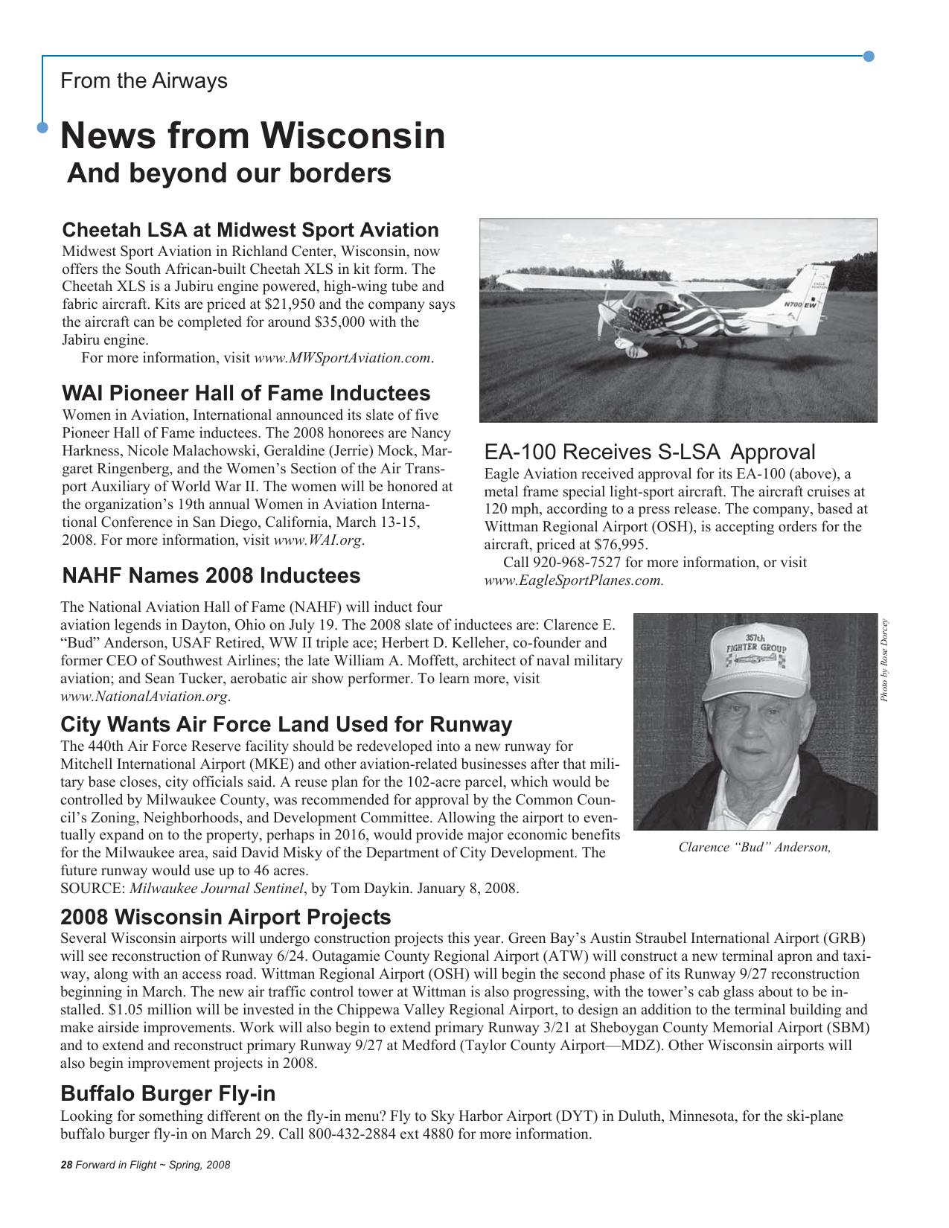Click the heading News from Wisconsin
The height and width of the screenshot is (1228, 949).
[x=252, y=136]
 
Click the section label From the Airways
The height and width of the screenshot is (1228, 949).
[x=144, y=80]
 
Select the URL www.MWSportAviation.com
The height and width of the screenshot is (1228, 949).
[x=342, y=358]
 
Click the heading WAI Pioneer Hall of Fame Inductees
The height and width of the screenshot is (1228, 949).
[x=246, y=393]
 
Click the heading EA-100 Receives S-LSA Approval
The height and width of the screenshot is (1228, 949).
[x=649, y=452]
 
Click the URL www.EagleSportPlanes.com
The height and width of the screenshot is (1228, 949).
[x=572, y=581]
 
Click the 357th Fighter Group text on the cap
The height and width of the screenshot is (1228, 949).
[x=756, y=645]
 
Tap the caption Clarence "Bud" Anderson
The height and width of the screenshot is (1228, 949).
[x=754, y=848]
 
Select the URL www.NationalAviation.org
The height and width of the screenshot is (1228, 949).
[x=144, y=697]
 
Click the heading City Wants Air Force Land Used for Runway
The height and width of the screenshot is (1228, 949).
[x=286, y=724]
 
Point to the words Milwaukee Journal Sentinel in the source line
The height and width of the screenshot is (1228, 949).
[x=217, y=889]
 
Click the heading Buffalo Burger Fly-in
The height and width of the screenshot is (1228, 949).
[x=167, y=1093]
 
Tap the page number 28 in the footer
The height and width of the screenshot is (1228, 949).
[x=65, y=1165]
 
